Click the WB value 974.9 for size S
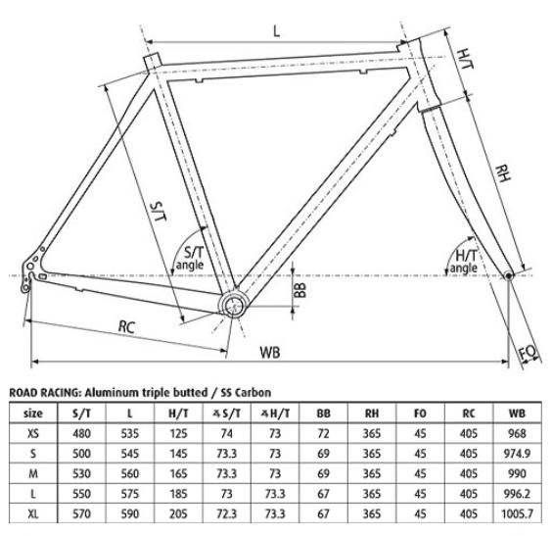pos(517,453)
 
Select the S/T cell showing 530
pos(81,473)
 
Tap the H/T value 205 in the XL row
pos(178,513)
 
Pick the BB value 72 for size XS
pos(323,433)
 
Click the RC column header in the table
pos(469,413)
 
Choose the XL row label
pos(33,513)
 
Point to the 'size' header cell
pos(33,413)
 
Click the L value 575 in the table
pos(130,493)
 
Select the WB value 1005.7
pos(517,513)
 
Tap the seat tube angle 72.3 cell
pos(227,513)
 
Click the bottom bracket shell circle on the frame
pos(232,305)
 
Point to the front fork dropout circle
pos(508,275)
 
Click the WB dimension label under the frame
pos(270,352)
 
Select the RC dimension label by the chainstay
pos(126,326)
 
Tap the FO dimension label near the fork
pos(529,352)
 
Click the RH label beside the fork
pos(503,173)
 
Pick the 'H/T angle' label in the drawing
pos(465,261)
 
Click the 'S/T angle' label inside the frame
pos(190,258)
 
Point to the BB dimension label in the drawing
pos(300,290)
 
